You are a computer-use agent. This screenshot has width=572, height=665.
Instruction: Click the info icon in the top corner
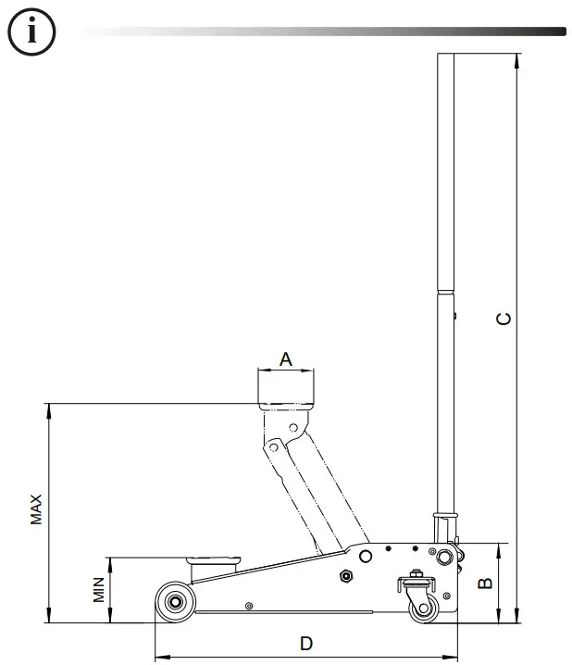point(32,31)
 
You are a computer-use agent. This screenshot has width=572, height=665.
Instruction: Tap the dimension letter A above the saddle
point(286,358)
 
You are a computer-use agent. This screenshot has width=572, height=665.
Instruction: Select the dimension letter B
point(482,583)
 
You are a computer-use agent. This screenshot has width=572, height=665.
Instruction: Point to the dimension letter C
point(503,319)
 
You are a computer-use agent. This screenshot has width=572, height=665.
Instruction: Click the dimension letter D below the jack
point(306,643)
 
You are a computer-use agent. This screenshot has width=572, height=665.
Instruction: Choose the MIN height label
point(99,589)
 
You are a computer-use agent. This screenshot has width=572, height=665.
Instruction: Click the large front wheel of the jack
point(174,603)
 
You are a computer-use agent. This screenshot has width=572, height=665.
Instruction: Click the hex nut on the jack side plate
point(347,575)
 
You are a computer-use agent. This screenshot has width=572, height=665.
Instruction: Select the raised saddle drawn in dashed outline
point(286,389)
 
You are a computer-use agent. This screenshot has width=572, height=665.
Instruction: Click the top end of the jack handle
point(446,57)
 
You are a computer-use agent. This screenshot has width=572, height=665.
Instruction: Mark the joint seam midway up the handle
point(446,294)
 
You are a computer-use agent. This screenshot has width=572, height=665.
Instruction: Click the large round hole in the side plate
point(367,556)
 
